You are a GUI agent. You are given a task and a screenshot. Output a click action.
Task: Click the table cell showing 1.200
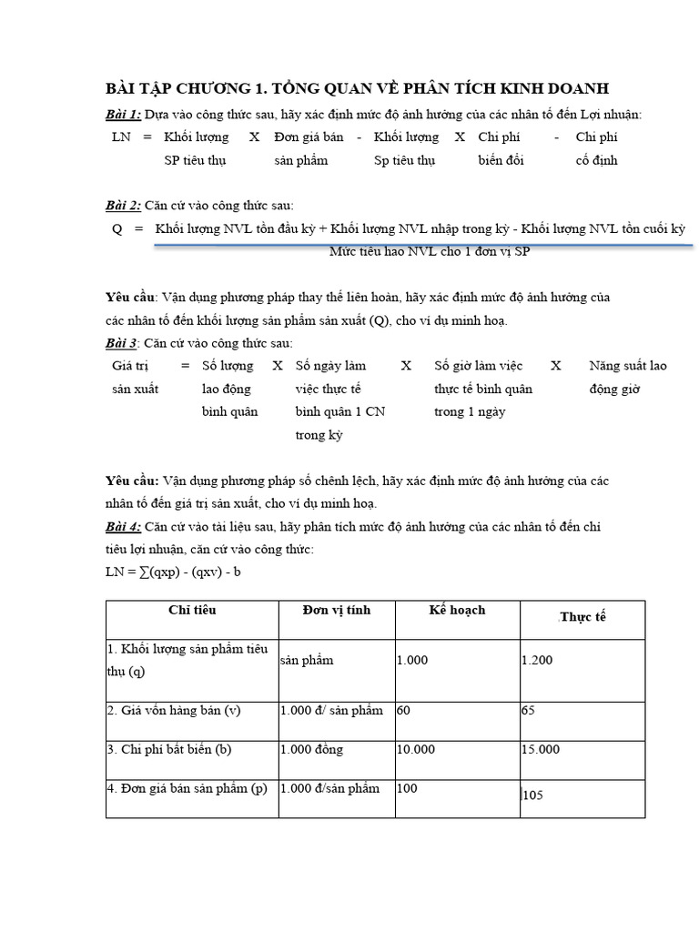pyautogui.click(x=537, y=660)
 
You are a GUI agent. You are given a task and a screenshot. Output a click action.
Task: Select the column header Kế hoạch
pyautogui.click(x=457, y=610)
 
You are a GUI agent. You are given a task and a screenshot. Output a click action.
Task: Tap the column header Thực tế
pyautogui.click(x=582, y=617)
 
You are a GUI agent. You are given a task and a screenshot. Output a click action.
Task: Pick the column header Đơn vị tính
pyautogui.click(x=336, y=610)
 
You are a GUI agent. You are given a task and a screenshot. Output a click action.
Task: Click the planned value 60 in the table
pyautogui.click(x=404, y=710)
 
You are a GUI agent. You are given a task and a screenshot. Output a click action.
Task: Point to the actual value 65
pyautogui.click(x=528, y=710)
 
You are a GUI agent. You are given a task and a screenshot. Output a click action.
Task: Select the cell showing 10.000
pyautogui.click(x=416, y=749)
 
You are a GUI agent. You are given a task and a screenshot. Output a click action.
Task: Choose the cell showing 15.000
pyautogui.click(x=541, y=749)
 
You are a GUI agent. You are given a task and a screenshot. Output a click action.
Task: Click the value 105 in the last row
pyautogui.click(x=532, y=795)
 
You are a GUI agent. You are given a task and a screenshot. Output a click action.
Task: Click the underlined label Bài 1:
pyautogui.click(x=123, y=114)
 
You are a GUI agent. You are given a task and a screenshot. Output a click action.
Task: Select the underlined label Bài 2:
pyautogui.click(x=123, y=206)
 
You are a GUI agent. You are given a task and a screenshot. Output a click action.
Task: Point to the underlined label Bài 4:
pyautogui.click(x=123, y=526)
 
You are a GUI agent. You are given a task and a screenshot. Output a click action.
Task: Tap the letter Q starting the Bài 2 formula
pyautogui.click(x=117, y=228)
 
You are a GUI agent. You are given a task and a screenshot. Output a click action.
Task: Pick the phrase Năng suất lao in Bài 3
pyautogui.click(x=627, y=366)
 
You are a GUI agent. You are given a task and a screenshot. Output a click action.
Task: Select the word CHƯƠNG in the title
pyautogui.click(x=210, y=88)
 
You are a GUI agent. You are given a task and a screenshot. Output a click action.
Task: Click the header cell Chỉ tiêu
pyautogui.click(x=192, y=610)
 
